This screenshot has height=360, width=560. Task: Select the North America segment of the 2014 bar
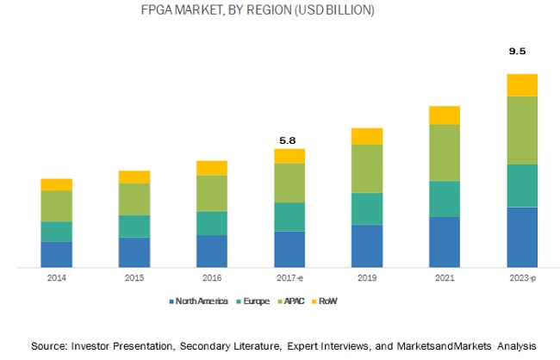[x=56, y=254]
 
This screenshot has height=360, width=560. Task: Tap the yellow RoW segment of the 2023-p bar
[x=522, y=84]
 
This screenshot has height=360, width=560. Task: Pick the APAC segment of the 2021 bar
[x=445, y=152]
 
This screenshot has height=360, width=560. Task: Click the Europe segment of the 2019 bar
[x=367, y=208]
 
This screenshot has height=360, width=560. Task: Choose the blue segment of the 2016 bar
[x=212, y=251]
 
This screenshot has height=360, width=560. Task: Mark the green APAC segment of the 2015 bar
[x=134, y=199]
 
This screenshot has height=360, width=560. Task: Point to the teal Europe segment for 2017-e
[x=289, y=216]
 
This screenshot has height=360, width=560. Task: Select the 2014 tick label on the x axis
[x=56, y=278]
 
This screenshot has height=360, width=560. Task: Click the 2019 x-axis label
[x=367, y=278]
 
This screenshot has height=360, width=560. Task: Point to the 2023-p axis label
[x=522, y=278]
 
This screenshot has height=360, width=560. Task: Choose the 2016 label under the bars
[x=212, y=278]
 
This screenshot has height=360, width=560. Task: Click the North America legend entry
[x=202, y=301]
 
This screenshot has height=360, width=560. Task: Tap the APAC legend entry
[x=291, y=301]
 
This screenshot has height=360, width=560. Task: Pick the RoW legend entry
[x=328, y=301]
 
